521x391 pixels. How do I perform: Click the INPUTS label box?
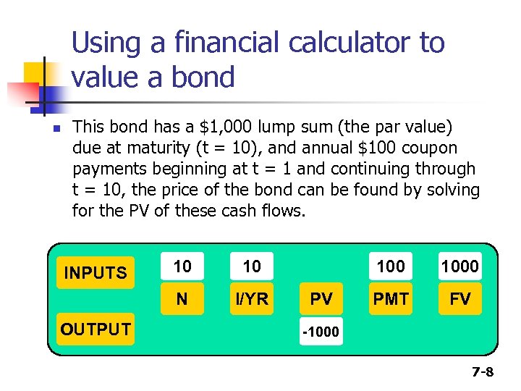pos(96,273)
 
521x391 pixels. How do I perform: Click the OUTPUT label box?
pos(96,329)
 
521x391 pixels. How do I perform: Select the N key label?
pos(182,299)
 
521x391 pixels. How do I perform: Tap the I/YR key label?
pos(252,299)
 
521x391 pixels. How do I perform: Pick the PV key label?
pos(321,299)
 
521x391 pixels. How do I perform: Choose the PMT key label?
pos(391,299)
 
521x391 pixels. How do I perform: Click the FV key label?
pos(460,299)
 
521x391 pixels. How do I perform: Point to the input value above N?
pos(182,266)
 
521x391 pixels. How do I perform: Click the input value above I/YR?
pos(252,266)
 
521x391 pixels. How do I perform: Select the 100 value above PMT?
pos(391,266)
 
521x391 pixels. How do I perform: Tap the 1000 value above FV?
pos(460,266)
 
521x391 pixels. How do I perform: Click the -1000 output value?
pos(321,333)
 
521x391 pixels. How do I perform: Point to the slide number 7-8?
pos(483,372)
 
